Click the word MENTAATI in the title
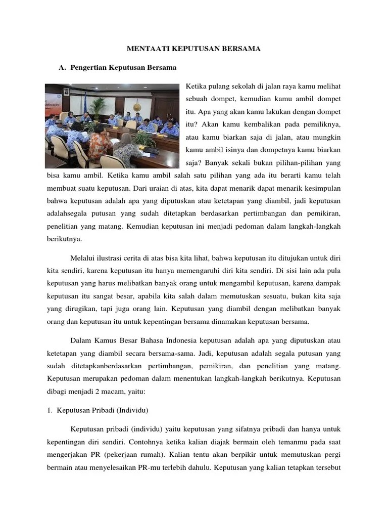pos(143,49)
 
